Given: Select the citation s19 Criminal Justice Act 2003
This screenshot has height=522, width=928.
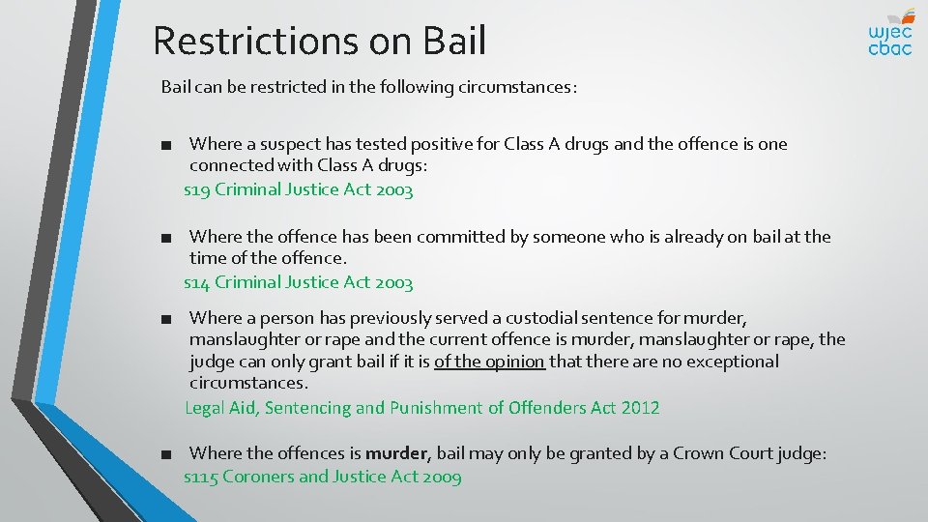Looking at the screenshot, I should pyautogui.click(x=299, y=189).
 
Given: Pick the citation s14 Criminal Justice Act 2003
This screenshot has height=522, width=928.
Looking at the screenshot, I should pyautogui.click(x=299, y=282).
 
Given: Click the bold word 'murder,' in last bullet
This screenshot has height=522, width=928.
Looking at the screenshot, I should pyautogui.click(x=400, y=453).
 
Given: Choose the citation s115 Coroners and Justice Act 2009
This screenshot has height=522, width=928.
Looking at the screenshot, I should pyautogui.click(x=323, y=477).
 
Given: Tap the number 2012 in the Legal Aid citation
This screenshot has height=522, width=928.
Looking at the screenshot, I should pyautogui.click(x=639, y=408).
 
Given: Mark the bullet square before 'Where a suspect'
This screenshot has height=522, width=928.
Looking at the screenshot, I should pyautogui.click(x=168, y=145).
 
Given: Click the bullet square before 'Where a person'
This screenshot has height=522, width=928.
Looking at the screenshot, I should pyautogui.click(x=168, y=318).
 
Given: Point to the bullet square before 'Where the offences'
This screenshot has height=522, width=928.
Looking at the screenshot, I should pyautogui.click(x=168, y=454).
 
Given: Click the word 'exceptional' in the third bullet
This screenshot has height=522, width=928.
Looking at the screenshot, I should pyautogui.click(x=733, y=362).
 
